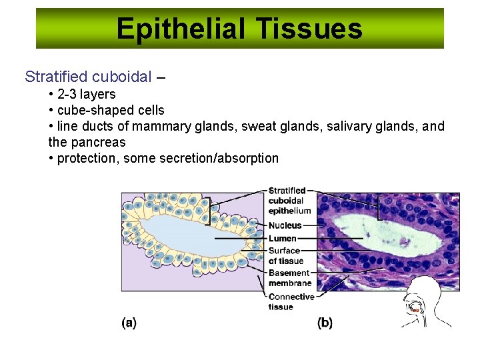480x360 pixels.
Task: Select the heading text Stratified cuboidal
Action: point(88,77)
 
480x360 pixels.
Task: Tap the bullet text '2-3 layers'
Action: point(86,94)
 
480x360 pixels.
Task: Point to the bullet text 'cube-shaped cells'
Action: point(111,110)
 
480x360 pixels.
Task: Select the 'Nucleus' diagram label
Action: point(285,225)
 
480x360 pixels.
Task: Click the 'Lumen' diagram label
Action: point(282,238)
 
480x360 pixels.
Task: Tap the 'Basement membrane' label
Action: point(289,278)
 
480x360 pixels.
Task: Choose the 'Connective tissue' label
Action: point(291,301)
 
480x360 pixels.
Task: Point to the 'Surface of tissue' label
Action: point(285,256)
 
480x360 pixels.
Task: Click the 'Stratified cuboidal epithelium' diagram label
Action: point(289,201)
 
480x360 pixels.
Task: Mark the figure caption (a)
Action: point(129,323)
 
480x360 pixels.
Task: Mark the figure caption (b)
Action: point(325,323)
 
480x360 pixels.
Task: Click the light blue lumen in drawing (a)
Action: point(190,237)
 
